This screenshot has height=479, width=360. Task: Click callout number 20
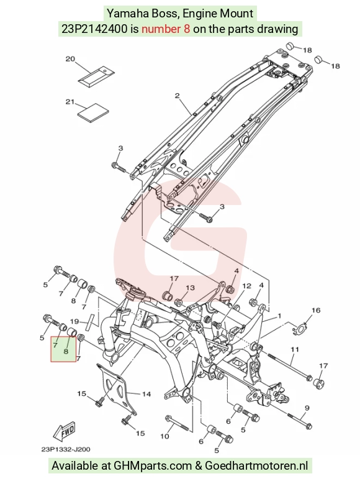tap(71, 58)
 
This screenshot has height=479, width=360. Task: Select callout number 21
tap(70, 101)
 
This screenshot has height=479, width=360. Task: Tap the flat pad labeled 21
tap(93, 112)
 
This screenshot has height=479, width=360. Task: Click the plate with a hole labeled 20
tap(96, 75)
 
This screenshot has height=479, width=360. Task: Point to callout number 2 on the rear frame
tap(178, 96)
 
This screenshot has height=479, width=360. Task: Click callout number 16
tap(316, 311)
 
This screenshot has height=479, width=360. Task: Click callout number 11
tap(295, 349)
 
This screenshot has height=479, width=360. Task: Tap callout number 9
tap(307, 408)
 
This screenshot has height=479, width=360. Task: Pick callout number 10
tap(164, 436)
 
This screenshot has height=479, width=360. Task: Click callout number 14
tap(146, 394)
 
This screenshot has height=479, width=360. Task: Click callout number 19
tap(74, 321)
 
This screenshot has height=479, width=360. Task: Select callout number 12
tap(246, 286)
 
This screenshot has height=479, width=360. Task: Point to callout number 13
tap(190, 288)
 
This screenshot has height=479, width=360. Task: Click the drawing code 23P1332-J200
tap(66, 449)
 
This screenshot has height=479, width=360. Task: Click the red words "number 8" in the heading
tap(166, 29)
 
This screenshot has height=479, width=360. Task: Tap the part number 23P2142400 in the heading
tap(94, 29)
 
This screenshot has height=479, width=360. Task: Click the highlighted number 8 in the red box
tap(66, 351)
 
